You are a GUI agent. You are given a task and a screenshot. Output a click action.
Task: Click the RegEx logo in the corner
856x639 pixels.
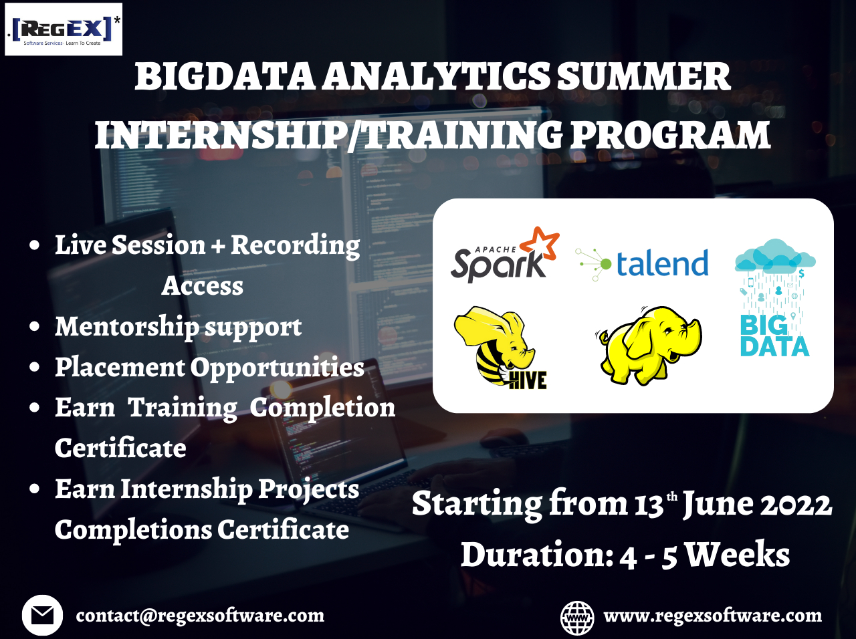[64, 29]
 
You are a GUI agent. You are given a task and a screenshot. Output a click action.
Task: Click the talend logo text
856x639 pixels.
[661, 263]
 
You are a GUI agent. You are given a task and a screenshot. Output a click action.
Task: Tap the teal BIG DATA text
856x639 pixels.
[774, 336]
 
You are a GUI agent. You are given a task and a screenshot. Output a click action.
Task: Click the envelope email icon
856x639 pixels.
[42, 615]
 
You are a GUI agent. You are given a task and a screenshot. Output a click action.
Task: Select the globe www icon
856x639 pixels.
[577, 617]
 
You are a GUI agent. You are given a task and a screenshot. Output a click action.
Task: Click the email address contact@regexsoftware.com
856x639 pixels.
[200, 616]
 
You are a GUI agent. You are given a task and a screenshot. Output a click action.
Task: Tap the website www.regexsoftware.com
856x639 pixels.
[712, 616]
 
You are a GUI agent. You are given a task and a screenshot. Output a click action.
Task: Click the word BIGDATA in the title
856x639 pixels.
[225, 77]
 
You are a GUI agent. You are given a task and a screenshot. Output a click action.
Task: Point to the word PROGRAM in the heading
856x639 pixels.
[670, 135]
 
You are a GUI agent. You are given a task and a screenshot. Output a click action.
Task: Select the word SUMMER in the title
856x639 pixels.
[643, 77]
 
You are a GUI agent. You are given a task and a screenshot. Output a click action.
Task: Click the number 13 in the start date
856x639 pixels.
[648, 505]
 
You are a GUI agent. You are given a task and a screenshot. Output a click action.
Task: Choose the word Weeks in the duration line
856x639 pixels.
[738, 555]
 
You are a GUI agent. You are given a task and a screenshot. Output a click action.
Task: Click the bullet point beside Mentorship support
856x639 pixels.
[35, 327]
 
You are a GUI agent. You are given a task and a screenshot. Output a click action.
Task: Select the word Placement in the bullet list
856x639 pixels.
[120, 367]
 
